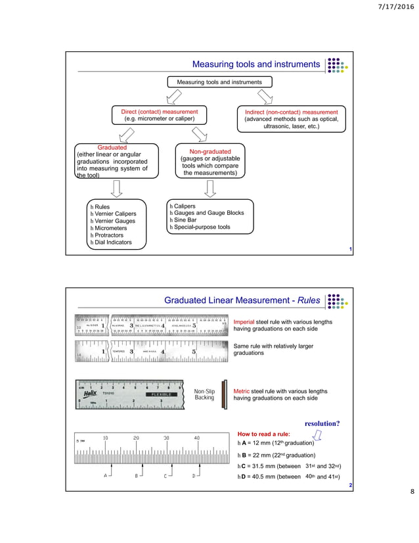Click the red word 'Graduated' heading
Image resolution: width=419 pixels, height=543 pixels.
(x=112, y=148)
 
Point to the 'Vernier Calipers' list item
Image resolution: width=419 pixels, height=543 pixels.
(x=114, y=214)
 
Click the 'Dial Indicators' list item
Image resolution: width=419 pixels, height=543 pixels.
(x=113, y=242)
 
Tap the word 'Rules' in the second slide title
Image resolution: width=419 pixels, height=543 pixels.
(x=307, y=301)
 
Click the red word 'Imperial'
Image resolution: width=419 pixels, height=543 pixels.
(x=246, y=322)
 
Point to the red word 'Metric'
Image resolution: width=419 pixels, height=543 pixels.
(x=242, y=391)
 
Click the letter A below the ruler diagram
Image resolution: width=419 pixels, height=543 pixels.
(x=106, y=475)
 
